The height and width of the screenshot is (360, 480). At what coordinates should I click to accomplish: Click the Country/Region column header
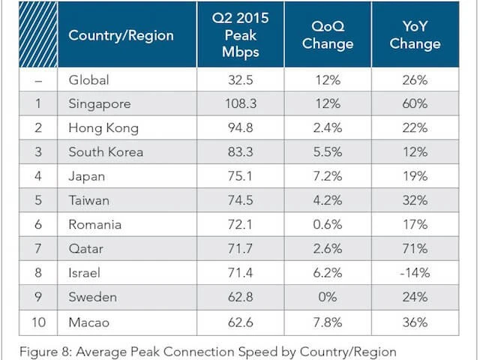(x=121, y=35)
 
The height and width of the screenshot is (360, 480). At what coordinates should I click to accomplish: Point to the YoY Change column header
(x=415, y=35)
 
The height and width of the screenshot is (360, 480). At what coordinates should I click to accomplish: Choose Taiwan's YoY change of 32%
(x=415, y=201)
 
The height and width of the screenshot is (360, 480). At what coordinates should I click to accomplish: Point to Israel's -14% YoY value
(x=415, y=274)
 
